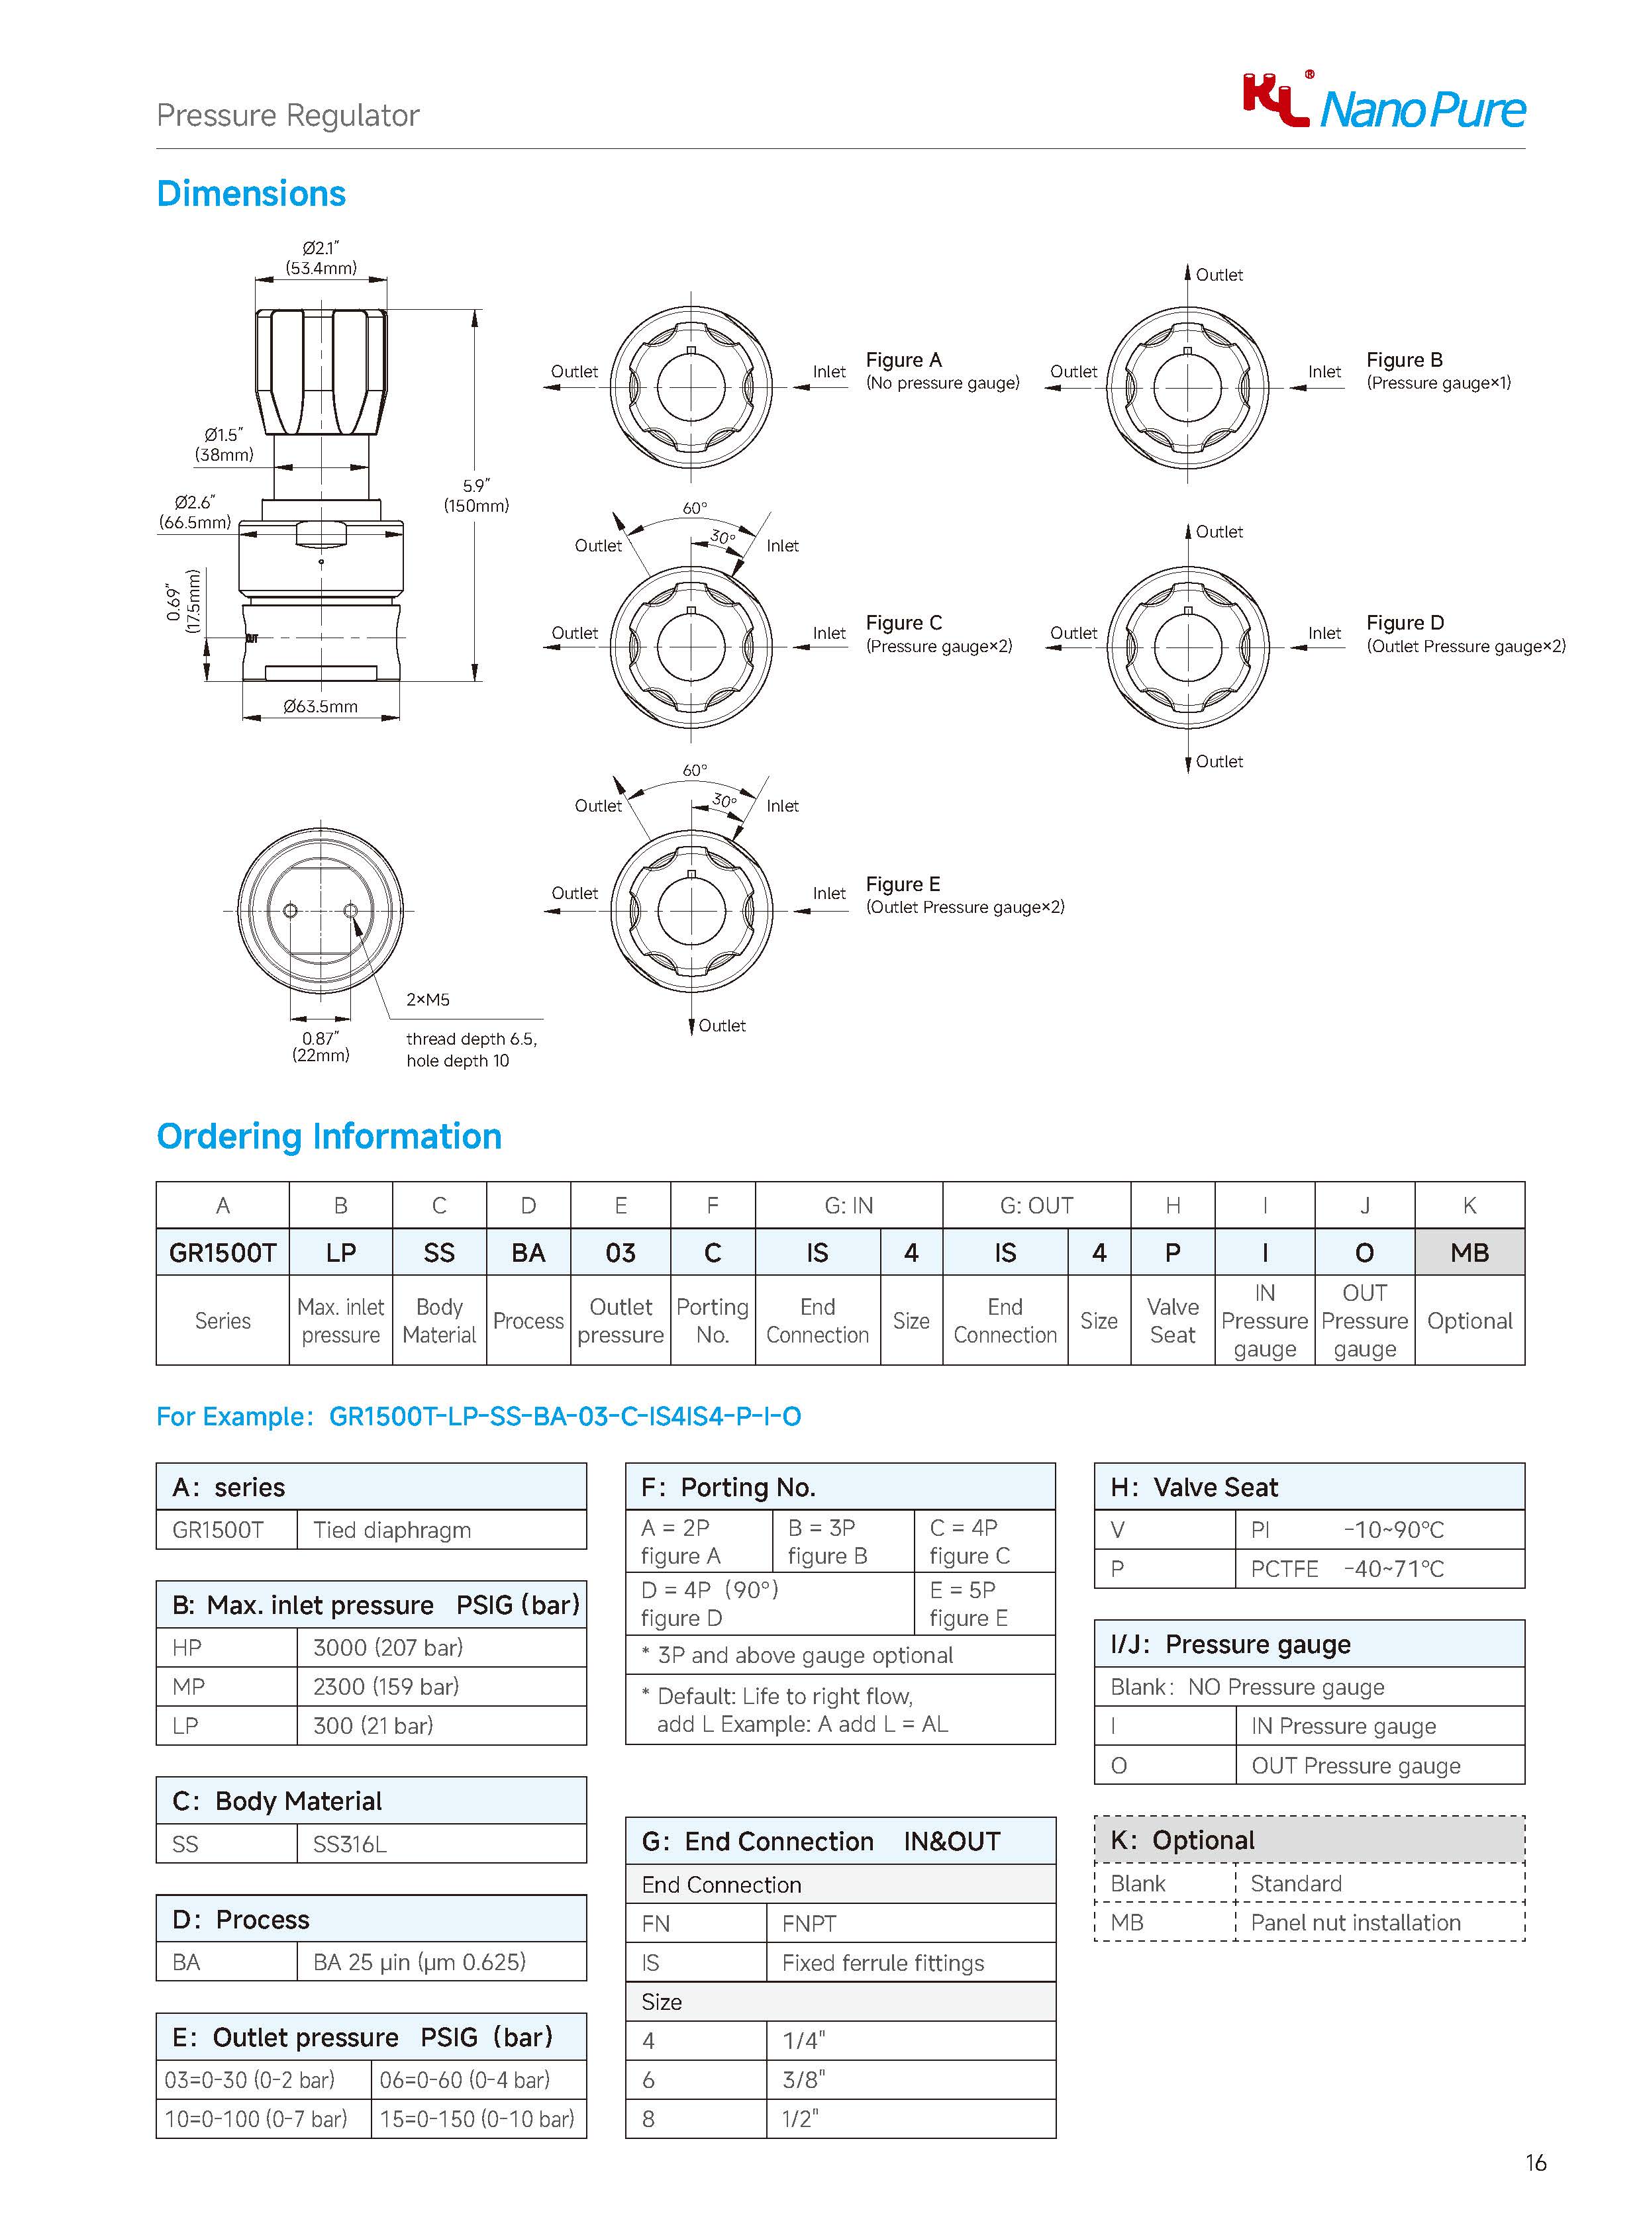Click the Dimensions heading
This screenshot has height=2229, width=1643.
click(x=252, y=194)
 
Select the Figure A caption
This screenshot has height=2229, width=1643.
click(x=903, y=360)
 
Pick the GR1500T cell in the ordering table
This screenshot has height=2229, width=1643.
click(x=223, y=1253)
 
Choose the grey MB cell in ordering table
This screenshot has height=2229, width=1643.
click(x=1469, y=1253)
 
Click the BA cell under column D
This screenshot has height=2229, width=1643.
click(x=528, y=1253)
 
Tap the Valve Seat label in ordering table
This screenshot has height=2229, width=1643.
click(x=1173, y=1321)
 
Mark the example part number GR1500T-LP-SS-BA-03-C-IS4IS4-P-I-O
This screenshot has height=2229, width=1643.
click(x=564, y=1417)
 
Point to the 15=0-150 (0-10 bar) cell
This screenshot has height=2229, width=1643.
click(x=477, y=2118)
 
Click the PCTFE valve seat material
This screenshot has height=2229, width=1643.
click(x=1284, y=1569)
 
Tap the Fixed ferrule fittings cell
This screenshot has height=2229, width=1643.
click(x=882, y=1963)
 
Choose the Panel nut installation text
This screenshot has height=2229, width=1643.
click(x=1354, y=1922)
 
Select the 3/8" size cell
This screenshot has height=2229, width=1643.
click(x=803, y=2080)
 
